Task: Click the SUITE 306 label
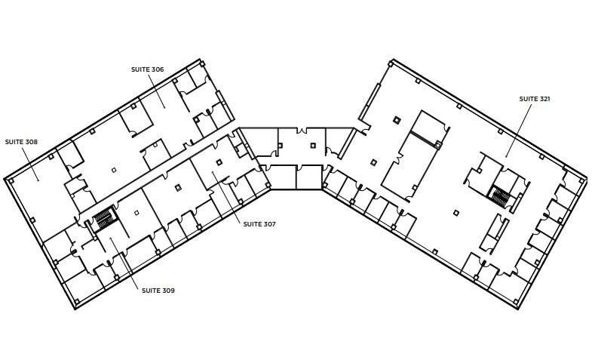[x=147, y=69]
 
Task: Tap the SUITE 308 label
[x=21, y=141]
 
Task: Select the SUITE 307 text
[x=259, y=223]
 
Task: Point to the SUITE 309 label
[x=158, y=291]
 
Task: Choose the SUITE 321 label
[x=535, y=98]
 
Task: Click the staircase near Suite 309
[x=103, y=219]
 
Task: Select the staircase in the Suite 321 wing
[x=501, y=196]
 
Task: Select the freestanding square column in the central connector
[x=313, y=144]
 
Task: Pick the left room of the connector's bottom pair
[x=283, y=177]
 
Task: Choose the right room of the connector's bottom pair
[x=309, y=177]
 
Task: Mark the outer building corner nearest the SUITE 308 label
[x=5, y=180]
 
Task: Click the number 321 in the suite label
[x=544, y=98]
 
